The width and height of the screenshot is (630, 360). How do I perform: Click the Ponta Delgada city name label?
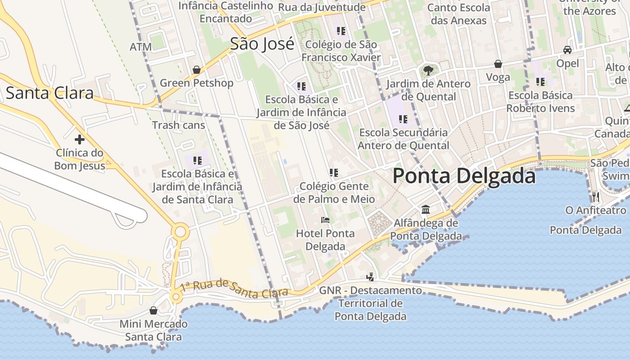click(x=464, y=176)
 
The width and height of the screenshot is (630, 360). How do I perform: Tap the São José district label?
click(x=262, y=44)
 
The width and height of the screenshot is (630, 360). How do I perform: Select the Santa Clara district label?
click(x=49, y=93)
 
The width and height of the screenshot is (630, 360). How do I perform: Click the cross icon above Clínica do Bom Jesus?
click(x=80, y=139)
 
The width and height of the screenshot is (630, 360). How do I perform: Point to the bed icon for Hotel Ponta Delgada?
click(x=325, y=220)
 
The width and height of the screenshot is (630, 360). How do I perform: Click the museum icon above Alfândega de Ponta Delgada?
click(x=426, y=210)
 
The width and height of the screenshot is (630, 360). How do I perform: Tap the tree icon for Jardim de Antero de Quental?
click(x=428, y=70)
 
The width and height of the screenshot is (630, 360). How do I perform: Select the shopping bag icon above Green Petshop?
click(x=197, y=70)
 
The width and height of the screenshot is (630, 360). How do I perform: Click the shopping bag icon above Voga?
click(x=498, y=64)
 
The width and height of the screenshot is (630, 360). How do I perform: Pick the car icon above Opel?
click(x=567, y=50)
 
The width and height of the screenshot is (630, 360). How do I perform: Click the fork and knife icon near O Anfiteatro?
click(x=596, y=197)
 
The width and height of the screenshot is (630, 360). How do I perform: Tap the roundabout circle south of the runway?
click(x=180, y=232)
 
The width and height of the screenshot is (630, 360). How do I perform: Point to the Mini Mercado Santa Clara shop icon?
click(x=153, y=310)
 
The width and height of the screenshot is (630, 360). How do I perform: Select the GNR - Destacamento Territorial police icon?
click(x=370, y=277)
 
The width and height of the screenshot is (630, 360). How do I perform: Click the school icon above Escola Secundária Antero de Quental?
click(x=403, y=119)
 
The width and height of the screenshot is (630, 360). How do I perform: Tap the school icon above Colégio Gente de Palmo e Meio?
click(x=334, y=173)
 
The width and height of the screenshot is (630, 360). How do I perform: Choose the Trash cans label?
click(x=179, y=125)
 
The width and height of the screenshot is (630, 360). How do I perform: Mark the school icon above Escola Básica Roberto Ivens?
click(x=540, y=82)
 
